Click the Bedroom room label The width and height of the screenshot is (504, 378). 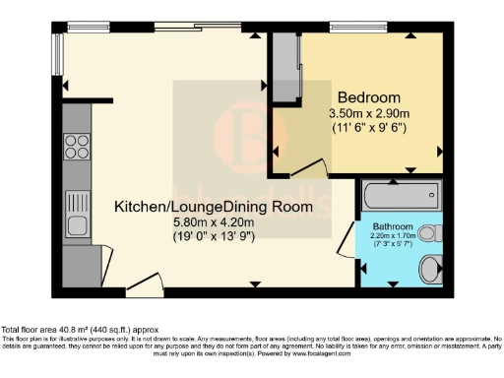[x=369, y=97]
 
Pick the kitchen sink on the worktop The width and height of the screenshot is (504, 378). [x=77, y=212]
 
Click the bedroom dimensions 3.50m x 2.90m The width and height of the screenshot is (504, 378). [x=369, y=113]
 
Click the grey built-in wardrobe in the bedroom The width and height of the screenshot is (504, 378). [x=286, y=67]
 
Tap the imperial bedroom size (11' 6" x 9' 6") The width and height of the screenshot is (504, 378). [x=369, y=128]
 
